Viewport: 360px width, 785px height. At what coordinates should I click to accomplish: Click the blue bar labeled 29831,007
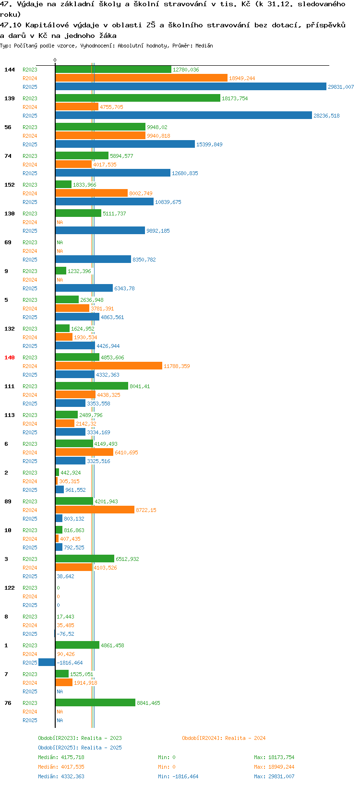coord(191,86)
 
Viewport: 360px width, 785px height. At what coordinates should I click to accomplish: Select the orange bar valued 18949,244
coord(141,78)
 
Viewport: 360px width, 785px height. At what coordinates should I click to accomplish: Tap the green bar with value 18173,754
coord(138,98)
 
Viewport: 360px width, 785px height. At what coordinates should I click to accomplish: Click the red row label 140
coord(10,357)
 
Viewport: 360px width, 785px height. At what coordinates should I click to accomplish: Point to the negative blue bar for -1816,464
coord(47,662)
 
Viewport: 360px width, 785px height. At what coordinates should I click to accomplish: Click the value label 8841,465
coord(148,703)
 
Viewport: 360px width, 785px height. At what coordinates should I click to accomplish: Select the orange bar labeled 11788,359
coord(108,366)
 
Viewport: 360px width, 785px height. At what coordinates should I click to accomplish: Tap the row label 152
coord(10,185)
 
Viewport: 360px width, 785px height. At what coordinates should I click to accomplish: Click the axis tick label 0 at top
coord(55,60)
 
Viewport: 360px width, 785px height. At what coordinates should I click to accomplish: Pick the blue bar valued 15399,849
coord(125,144)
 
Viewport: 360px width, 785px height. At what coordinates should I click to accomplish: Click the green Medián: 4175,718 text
coord(61,757)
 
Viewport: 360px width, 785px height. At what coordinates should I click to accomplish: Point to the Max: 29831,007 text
coord(274,776)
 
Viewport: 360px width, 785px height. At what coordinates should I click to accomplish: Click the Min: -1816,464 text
coord(178,776)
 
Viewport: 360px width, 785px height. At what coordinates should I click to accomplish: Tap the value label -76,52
coord(66,634)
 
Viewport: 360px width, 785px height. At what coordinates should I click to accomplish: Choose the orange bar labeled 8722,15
coord(95,510)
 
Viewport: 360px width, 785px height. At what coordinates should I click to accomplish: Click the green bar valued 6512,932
coord(85,559)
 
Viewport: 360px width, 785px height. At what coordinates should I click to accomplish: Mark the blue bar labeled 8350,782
coord(93,259)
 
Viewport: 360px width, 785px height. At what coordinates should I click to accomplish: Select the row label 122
coord(10,588)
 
